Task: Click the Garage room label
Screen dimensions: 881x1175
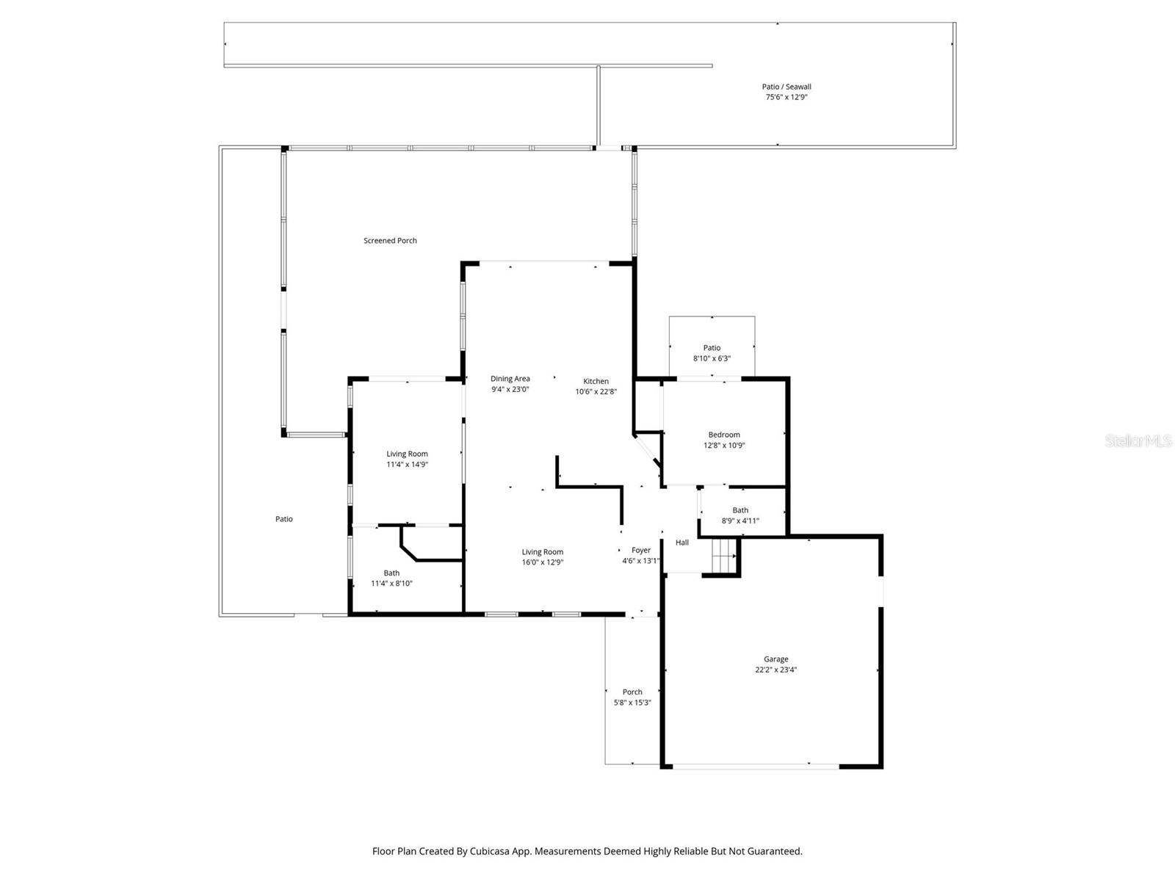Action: point(775,659)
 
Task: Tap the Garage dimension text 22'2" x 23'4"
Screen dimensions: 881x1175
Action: point(775,670)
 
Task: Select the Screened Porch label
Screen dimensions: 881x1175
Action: point(390,241)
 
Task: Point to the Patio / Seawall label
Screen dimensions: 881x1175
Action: point(787,87)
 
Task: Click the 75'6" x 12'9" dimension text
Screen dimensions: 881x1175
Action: point(787,97)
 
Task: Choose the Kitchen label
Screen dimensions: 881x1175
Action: point(596,381)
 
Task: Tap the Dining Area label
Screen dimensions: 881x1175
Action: point(510,379)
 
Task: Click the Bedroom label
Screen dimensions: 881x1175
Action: point(724,435)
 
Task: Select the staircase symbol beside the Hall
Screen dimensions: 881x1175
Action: point(723,556)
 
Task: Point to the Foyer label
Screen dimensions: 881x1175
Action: point(640,550)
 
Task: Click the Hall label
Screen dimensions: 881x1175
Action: point(682,543)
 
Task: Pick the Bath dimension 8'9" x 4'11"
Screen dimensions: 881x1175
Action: point(740,521)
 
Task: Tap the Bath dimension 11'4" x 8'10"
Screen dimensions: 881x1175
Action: point(391,584)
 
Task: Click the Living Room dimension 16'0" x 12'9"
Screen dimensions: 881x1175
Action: point(543,562)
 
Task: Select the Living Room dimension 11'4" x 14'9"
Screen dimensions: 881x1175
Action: point(407,464)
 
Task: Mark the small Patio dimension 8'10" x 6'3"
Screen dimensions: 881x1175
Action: point(712,358)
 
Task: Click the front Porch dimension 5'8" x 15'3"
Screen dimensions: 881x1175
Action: point(632,703)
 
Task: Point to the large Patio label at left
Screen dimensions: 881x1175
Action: point(283,519)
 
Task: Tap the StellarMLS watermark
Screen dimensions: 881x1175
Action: point(1138,440)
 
